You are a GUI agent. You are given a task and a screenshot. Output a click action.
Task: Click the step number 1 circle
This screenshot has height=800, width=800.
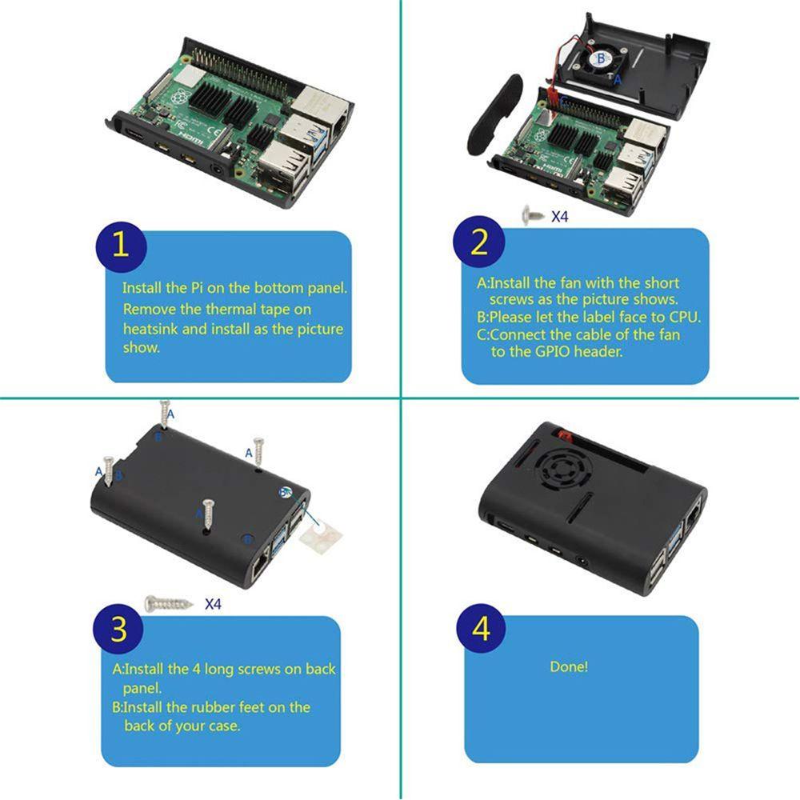(x=120, y=245)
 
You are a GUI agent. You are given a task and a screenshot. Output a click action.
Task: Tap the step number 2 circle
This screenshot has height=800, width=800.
(x=478, y=243)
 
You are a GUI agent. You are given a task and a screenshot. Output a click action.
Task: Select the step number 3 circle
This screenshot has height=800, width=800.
(x=119, y=630)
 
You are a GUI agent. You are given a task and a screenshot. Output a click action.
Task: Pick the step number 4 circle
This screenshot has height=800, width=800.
(x=481, y=629)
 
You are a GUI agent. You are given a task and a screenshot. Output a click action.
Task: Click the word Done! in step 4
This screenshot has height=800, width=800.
(x=569, y=666)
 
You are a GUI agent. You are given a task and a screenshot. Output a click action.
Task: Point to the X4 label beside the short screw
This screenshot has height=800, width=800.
(x=560, y=216)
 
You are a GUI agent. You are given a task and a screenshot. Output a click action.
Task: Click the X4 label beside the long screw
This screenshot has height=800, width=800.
(x=212, y=604)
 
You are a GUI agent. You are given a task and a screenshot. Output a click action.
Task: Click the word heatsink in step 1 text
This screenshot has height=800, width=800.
(x=154, y=329)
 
